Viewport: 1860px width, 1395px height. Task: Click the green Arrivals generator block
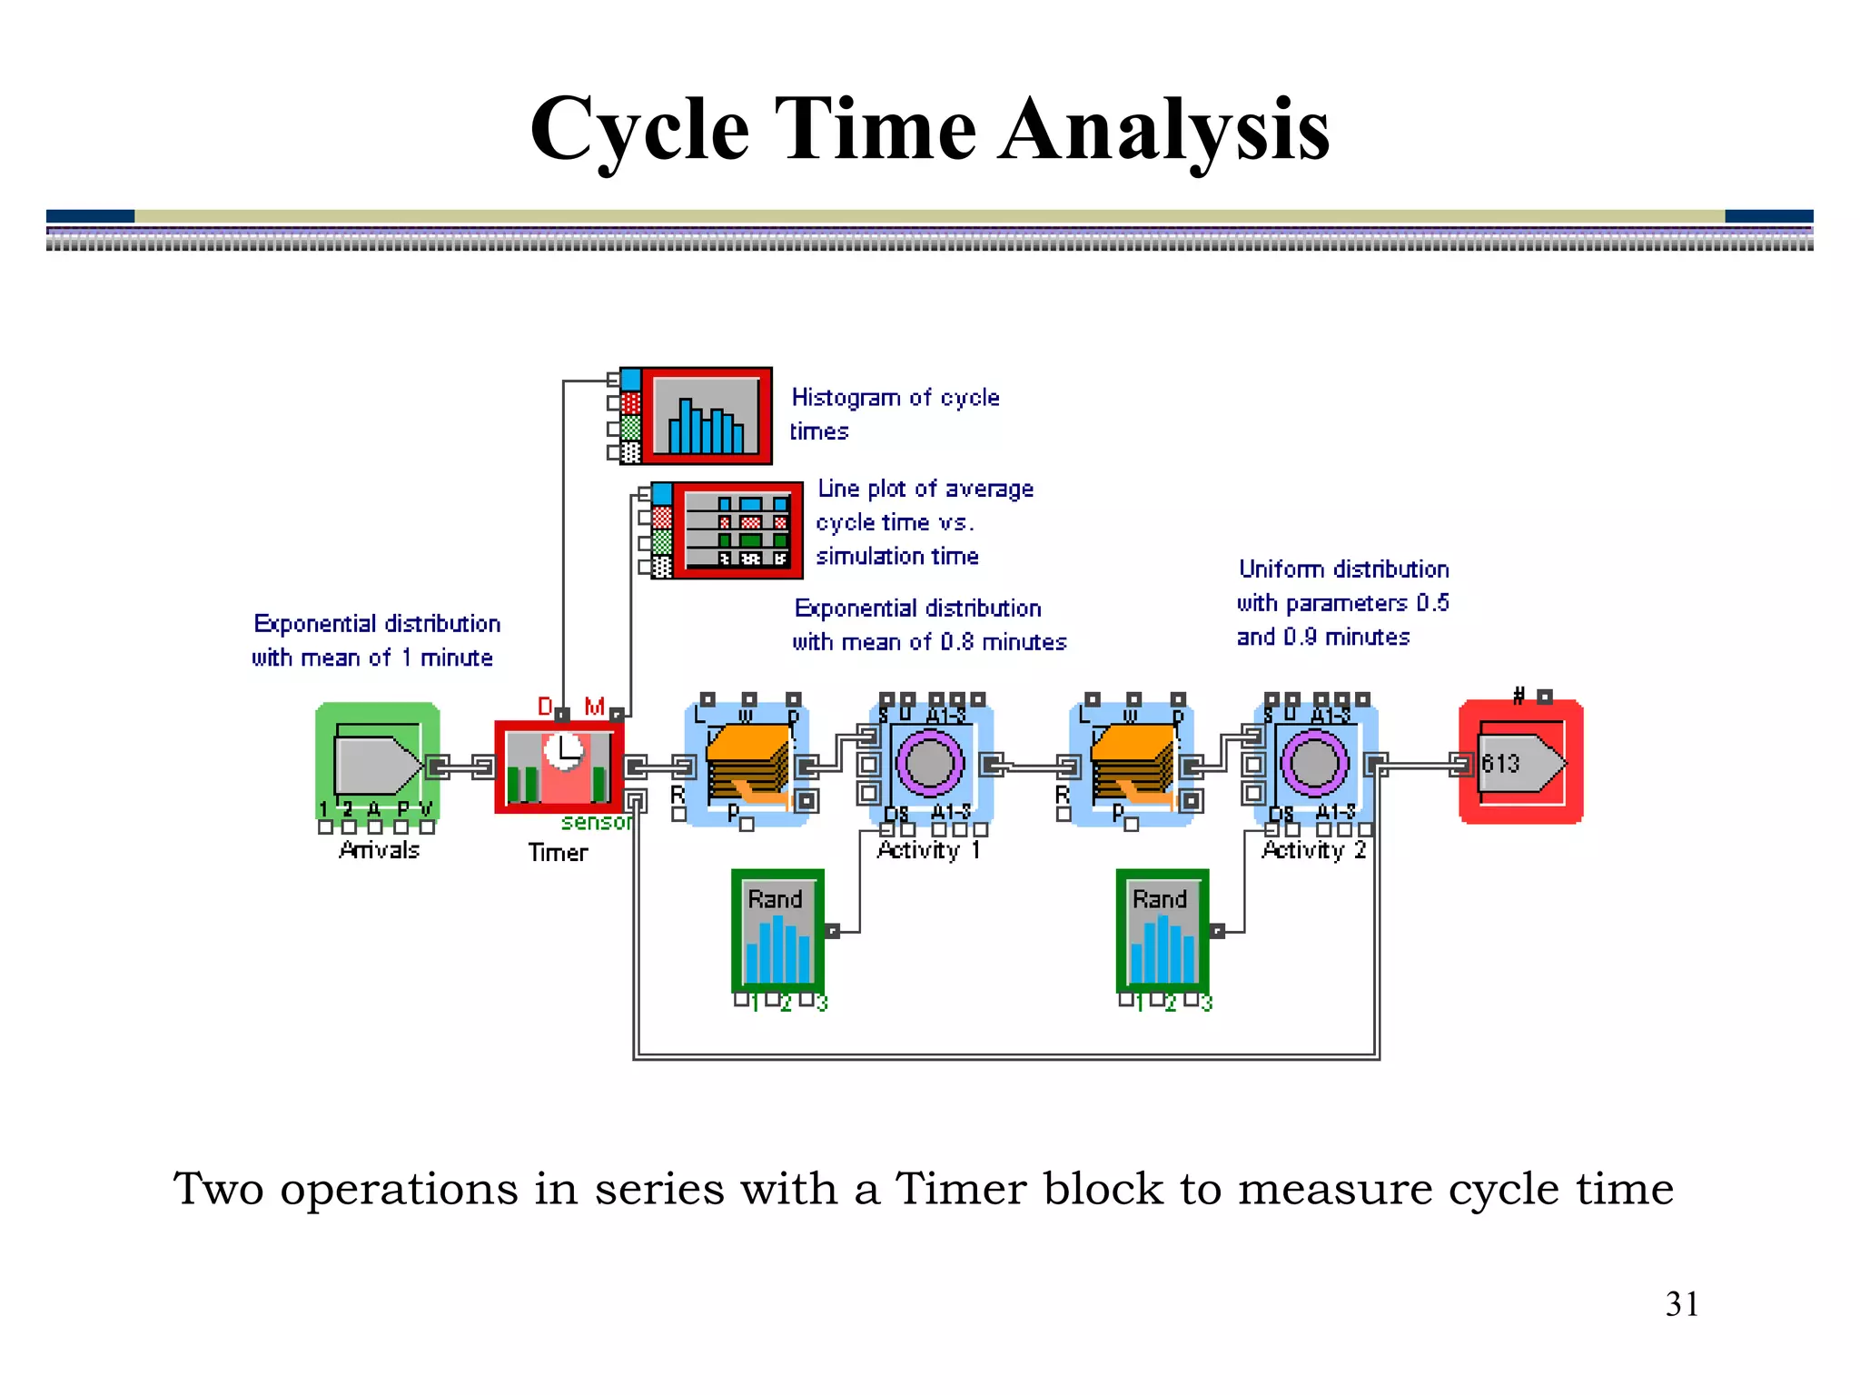(x=378, y=764)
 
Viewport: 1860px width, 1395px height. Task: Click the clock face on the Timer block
(x=565, y=752)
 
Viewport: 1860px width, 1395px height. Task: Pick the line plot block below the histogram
(x=737, y=530)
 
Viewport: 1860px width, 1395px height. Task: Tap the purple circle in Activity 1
(x=929, y=763)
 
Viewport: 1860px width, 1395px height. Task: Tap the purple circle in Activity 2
(x=1314, y=763)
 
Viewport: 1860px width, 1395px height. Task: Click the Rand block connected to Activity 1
(x=778, y=932)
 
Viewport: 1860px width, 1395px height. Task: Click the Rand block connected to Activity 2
(x=1162, y=932)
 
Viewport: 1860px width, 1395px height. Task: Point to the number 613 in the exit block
(x=1500, y=763)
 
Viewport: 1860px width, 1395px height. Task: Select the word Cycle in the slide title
(x=640, y=130)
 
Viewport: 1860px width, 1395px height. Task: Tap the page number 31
(x=1681, y=1304)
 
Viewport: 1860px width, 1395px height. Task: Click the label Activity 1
(x=928, y=850)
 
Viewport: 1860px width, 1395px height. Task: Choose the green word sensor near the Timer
(x=596, y=822)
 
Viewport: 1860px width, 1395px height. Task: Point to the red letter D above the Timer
(x=545, y=707)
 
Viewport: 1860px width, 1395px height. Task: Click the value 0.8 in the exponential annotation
(x=957, y=642)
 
